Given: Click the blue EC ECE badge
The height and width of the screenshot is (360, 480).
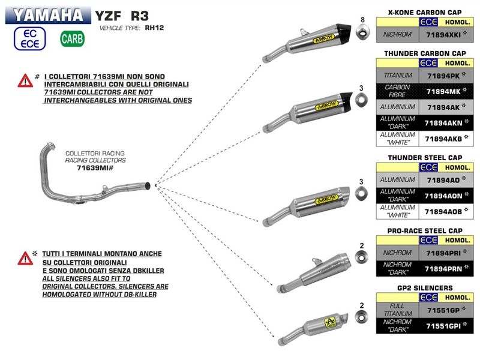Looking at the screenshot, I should coord(28,38).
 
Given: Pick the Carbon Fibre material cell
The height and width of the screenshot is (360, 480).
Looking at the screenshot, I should coord(397,91).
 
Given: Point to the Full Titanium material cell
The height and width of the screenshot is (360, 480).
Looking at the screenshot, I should coord(397,310).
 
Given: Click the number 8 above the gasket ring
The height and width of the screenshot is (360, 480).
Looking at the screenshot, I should coord(362,20).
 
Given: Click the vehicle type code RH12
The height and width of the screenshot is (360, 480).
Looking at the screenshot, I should coord(155,28).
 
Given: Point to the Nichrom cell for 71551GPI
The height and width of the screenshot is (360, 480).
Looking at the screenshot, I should coord(397,326).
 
